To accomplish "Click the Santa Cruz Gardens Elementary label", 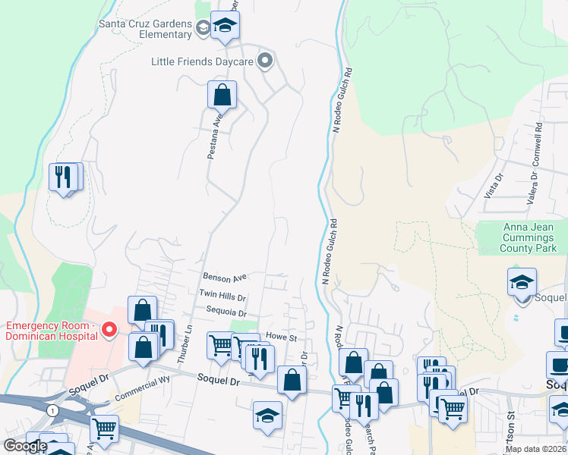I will pyautogui.click(x=145, y=28).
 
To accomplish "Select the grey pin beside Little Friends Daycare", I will pyautogui.click(x=265, y=60).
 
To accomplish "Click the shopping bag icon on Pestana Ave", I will pyautogui.click(x=222, y=95).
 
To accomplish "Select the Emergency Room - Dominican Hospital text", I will pyautogui.click(x=51, y=331).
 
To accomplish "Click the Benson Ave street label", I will pyautogui.click(x=226, y=278).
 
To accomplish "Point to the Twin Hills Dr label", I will pyautogui.click(x=222, y=294).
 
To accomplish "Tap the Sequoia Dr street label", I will pyautogui.click(x=226, y=312).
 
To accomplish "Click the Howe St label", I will pyautogui.click(x=280, y=337).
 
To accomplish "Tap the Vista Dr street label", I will pyautogui.click(x=494, y=186).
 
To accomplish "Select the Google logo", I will pyautogui.click(x=25, y=447).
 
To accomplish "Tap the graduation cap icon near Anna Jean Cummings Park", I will pyautogui.click(x=522, y=283).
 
